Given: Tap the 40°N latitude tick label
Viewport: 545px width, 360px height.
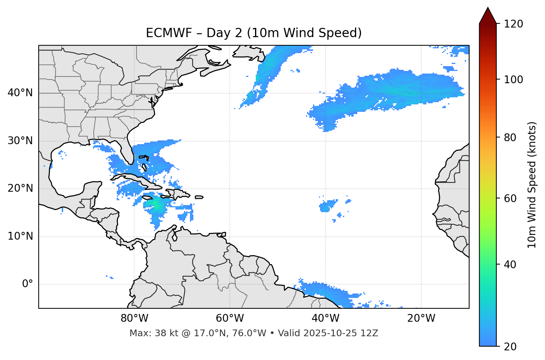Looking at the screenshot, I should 20,93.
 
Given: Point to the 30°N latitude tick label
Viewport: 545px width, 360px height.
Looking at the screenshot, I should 20,141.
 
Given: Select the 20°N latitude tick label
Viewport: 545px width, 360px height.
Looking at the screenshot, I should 20,188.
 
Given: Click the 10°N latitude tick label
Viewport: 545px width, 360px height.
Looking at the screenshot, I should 20,236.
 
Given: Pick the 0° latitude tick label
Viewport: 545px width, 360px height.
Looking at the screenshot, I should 28,284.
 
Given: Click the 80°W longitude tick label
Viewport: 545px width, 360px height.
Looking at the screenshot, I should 134,318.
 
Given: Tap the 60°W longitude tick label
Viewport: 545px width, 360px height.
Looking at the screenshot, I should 230,318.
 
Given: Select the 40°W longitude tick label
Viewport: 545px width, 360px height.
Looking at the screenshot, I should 325,318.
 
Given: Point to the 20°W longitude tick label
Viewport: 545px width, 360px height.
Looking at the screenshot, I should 421,318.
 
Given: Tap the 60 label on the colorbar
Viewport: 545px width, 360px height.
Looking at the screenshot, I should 510,198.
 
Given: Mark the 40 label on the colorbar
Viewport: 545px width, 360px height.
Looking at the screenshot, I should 510,265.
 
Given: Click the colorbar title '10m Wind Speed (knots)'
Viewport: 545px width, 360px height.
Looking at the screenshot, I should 532,185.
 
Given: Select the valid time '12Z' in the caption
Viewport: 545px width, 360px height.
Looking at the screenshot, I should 370,333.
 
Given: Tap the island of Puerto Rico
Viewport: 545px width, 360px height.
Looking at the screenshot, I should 199,197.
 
